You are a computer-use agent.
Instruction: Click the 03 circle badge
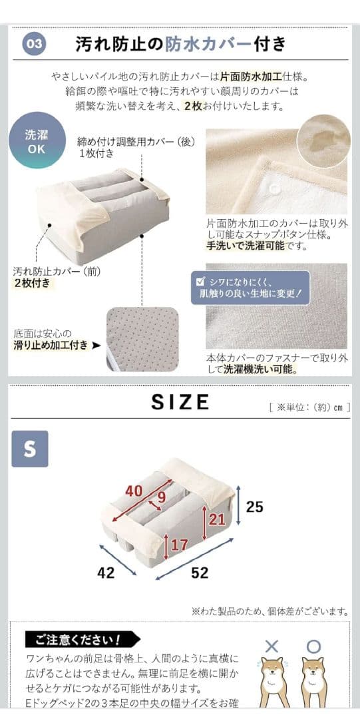[35, 45]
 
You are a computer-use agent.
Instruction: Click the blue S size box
[30, 448]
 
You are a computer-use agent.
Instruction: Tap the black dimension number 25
[254, 507]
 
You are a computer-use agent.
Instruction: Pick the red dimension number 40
[134, 491]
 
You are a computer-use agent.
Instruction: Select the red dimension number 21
[217, 519]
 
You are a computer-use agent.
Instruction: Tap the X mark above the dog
[271, 646]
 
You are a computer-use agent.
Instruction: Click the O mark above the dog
[313, 646]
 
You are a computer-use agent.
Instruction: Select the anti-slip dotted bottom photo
[142, 339]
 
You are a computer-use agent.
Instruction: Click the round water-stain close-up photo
[323, 140]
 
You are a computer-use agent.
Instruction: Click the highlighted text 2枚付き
[32, 283]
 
